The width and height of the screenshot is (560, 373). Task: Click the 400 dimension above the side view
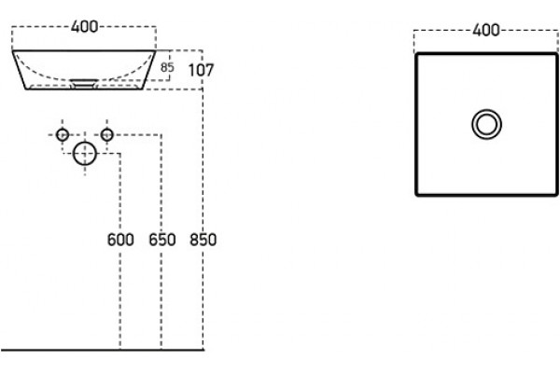tap(84, 27)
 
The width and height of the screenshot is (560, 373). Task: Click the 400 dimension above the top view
tap(486, 30)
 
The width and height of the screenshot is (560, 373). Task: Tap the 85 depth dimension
tap(167, 67)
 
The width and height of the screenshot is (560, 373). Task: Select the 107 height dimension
tap(201, 70)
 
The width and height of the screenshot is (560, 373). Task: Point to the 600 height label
tap(120, 240)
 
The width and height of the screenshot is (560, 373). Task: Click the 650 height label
tap(162, 240)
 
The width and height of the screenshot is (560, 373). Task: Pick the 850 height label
tap(203, 240)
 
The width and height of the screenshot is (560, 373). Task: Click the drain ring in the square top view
tap(486, 110)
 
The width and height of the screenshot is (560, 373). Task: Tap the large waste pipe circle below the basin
tap(85, 142)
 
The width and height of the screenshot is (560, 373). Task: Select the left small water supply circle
tap(63, 129)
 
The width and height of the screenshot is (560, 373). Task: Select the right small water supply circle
tap(106, 129)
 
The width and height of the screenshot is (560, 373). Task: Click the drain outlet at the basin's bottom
tap(84, 84)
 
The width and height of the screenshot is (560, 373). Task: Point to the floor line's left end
tap(1, 350)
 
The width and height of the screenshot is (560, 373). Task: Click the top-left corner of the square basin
tap(416, 54)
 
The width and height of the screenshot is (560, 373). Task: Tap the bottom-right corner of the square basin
tap(556, 195)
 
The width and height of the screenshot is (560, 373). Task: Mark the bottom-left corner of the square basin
tap(416, 195)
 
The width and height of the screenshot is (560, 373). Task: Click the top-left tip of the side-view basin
tap(12, 50)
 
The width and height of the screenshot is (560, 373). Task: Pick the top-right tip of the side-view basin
tap(155, 50)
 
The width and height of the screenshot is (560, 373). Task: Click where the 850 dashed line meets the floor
tap(203, 350)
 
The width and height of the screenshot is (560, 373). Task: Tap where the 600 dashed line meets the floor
tap(120, 350)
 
